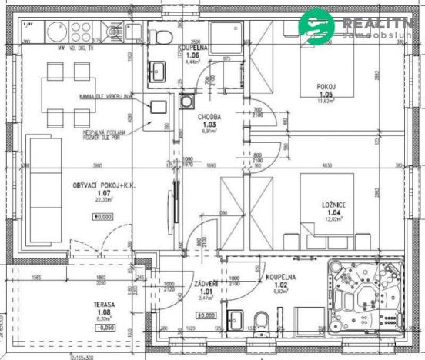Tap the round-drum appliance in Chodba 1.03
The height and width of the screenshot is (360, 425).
click(x=187, y=101)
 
